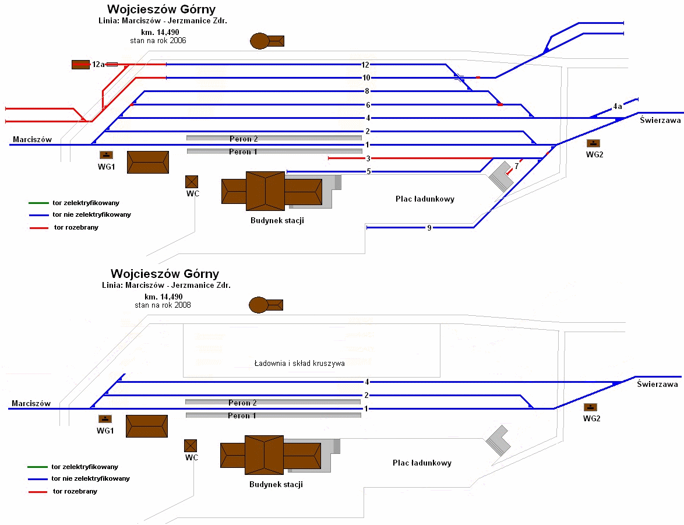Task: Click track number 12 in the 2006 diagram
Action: click(x=366, y=65)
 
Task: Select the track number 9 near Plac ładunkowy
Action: click(x=429, y=228)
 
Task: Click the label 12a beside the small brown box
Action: click(x=98, y=65)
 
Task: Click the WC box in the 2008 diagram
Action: click(x=191, y=446)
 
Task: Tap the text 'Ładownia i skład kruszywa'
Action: click(x=299, y=364)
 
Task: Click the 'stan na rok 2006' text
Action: click(x=158, y=41)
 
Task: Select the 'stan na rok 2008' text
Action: click(x=163, y=305)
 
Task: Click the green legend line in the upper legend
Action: click(x=38, y=203)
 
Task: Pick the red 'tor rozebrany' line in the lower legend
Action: click(x=37, y=492)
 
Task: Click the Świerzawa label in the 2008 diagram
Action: click(x=657, y=385)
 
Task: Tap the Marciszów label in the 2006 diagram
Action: click(x=32, y=140)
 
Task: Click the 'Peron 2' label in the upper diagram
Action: click(x=244, y=139)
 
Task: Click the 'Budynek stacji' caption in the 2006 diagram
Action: click(x=277, y=221)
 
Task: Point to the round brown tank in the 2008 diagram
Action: click(x=258, y=305)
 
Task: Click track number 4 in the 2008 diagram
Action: click(x=367, y=382)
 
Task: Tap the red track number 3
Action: click(x=368, y=158)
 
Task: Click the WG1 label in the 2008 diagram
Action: click(x=105, y=431)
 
